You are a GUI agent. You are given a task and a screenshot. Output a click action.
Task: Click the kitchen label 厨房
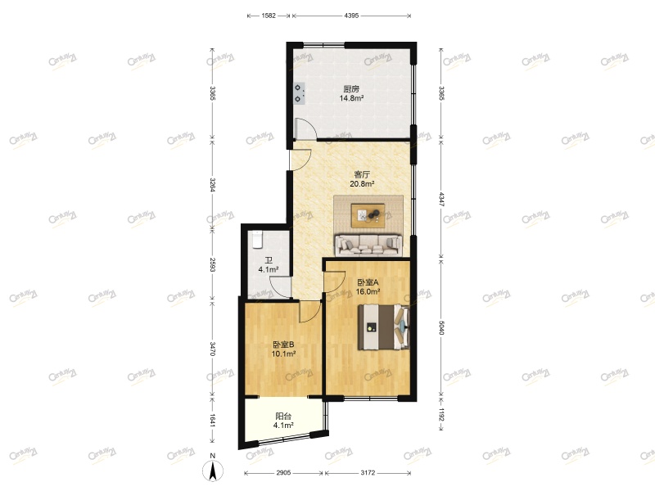tap(351, 89)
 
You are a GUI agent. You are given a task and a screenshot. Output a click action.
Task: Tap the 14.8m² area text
tap(351, 99)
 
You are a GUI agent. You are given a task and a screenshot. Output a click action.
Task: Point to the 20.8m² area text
tap(362, 184)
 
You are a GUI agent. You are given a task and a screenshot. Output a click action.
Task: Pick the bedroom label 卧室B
tap(283, 345)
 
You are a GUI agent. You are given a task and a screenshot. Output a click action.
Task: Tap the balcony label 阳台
tap(283, 416)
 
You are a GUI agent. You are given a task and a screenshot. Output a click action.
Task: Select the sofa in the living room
tap(368, 243)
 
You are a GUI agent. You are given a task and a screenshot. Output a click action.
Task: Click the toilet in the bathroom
tap(255, 238)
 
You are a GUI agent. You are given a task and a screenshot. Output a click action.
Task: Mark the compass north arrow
tap(212, 471)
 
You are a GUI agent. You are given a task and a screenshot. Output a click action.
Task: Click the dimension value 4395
tap(351, 16)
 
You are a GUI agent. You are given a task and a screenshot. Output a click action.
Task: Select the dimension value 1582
tap(269, 16)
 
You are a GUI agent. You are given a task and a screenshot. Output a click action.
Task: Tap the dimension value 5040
tap(441, 328)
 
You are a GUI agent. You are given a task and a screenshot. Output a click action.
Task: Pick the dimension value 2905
tap(283, 473)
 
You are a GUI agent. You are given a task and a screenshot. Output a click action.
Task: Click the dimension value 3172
tap(367, 473)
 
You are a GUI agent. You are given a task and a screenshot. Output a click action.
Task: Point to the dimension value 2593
tap(212, 265)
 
